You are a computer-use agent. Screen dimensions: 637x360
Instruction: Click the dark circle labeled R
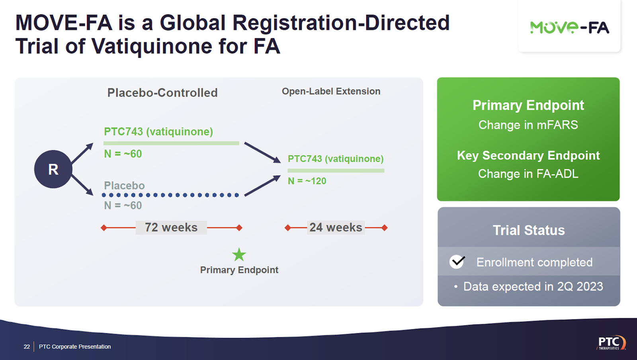point(53,169)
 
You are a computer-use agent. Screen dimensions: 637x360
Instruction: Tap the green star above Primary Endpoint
point(239,254)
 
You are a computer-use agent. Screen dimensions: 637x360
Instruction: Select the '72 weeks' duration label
point(171,227)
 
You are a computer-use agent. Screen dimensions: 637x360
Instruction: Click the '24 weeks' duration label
point(336,227)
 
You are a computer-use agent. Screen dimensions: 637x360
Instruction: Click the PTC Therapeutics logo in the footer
point(611,342)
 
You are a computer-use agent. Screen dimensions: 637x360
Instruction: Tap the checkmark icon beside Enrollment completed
point(457,262)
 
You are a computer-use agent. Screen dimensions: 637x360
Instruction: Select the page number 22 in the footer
point(27,346)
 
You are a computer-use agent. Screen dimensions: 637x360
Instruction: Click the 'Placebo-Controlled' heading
point(162,93)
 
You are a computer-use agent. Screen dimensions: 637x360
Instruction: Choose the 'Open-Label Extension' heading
point(331,91)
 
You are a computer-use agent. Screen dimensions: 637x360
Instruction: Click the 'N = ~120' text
point(307,181)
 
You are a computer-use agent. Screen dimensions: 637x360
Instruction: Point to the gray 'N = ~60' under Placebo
point(123,205)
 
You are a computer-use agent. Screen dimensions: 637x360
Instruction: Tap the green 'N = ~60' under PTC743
point(123,154)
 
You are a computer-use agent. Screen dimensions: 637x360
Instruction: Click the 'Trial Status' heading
point(529,230)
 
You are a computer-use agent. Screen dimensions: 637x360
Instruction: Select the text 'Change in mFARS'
point(528,125)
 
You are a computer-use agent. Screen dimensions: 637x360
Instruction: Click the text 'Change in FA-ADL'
point(528,174)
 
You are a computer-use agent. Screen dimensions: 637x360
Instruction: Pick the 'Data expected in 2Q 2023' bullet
point(533,287)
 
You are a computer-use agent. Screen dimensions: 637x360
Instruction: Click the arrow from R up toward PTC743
point(82,153)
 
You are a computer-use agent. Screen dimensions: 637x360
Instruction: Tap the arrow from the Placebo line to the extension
point(262,186)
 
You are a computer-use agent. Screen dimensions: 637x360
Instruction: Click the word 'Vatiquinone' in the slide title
point(152,46)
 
